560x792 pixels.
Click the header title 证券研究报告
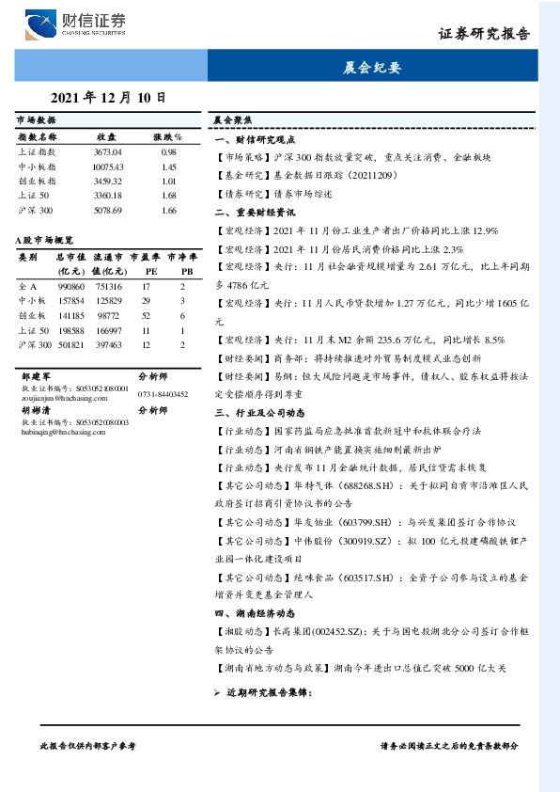pyautogui.click(x=484, y=36)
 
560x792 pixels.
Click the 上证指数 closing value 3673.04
pyautogui.click(x=108, y=151)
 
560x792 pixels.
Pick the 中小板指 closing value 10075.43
pyautogui.click(x=108, y=166)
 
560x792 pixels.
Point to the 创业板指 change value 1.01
pyautogui.click(x=169, y=180)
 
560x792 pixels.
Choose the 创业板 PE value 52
pyautogui.click(x=147, y=316)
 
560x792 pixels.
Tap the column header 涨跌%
pyautogui.click(x=168, y=136)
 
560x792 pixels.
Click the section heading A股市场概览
pyautogui.click(x=44, y=241)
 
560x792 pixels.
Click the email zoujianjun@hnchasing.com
pyautogui.click(x=58, y=395)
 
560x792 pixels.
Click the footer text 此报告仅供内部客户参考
pyautogui.click(x=88, y=745)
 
